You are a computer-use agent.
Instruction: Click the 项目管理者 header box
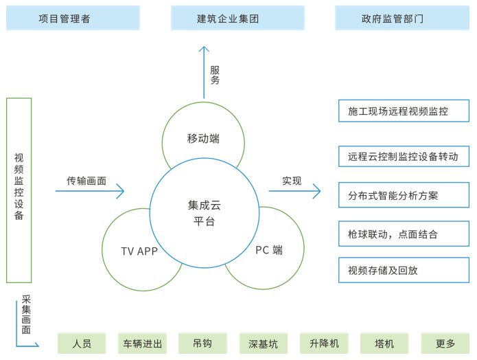pyautogui.click(x=73, y=18)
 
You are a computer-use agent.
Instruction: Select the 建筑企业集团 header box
pyautogui.click(x=237, y=18)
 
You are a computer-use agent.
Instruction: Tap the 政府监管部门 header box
pyautogui.click(x=402, y=18)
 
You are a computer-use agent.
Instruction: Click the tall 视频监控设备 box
pyautogui.click(x=19, y=190)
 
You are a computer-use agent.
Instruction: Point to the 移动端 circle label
pyautogui.click(x=203, y=138)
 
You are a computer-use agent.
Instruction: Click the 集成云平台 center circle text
pyautogui.click(x=205, y=212)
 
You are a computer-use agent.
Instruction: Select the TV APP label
pyautogui.click(x=139, y=251)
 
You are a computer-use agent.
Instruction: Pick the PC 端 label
pyautogui.click(x=269, y=250)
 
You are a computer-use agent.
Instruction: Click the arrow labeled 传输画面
pyautogui.click(x=90, y=191)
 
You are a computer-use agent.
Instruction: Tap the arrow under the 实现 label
pyautogui.click(x=294, y=191)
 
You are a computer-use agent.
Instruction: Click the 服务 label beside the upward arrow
pyautogui.click(x=215, y=75)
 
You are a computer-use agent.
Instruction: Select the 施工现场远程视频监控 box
pyautogui.click(x=404, y=111)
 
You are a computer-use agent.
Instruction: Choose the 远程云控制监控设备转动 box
pyautogui.click(x=404, y=157)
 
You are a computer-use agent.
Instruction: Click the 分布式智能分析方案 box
pyautogui.click(x=404, y=195)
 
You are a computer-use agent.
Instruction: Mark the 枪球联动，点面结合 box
pyautogui.click(x=404, y=234)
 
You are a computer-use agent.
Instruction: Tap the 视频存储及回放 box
pyautogui.click(x=404, y=270)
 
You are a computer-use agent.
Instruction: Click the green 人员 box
pyautogui.click(x=82, y=344)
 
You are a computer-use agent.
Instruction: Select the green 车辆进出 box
pyautogui.click(x=143, y=344)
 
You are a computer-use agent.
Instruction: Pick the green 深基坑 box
pyautogui.click(x=264, y=344)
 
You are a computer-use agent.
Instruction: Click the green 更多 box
pyautogui.click(x=445, y=344)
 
